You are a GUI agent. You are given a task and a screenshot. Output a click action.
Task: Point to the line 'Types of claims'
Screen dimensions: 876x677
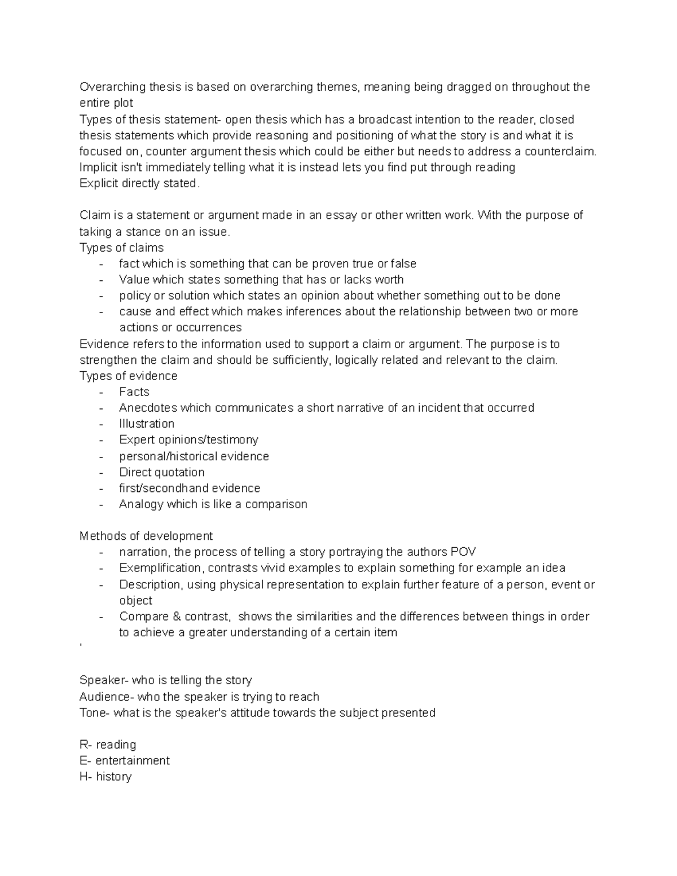coord(121,248)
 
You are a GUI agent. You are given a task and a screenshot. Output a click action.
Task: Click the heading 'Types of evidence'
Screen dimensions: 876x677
coord(128,376)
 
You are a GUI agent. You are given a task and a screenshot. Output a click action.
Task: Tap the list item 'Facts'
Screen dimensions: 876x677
coord(134,391)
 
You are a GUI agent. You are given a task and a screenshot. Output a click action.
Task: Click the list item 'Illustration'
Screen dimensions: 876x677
coord(147,424)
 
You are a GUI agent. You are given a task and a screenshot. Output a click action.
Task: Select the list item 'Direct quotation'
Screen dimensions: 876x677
coord(162,472)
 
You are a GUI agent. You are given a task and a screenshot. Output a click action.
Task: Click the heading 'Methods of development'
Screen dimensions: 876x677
coord(146,536)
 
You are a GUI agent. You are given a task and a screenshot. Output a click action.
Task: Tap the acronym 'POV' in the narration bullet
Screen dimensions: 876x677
coord(463,552)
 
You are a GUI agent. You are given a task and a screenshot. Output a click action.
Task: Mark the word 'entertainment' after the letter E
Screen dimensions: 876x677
coord(133,760)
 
